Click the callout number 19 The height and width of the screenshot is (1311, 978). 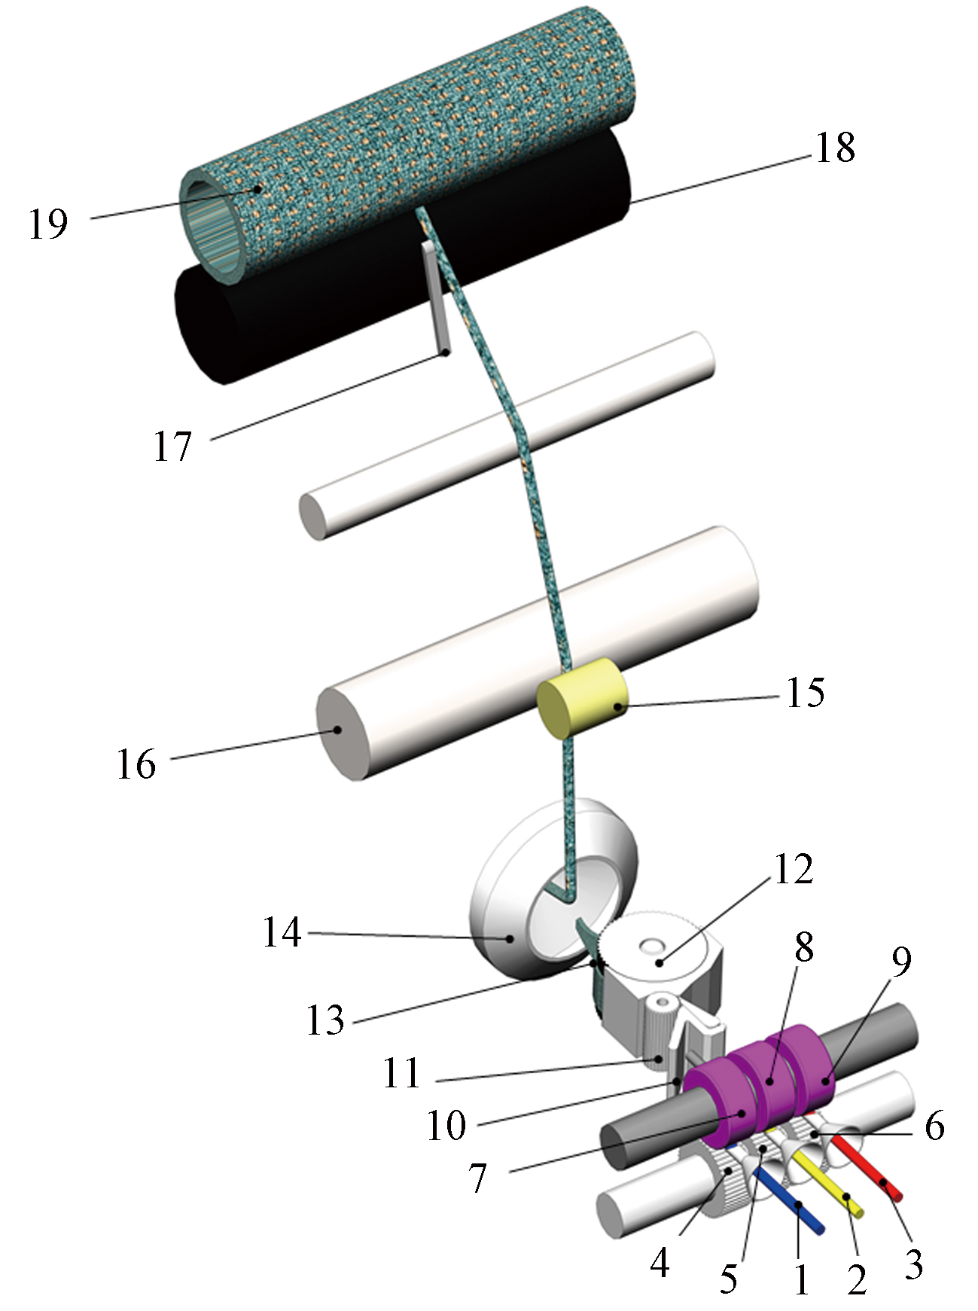[x=49, y=224]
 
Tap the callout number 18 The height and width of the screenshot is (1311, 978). [x=836, y=148]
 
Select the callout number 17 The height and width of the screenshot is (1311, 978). [x=173, y=447]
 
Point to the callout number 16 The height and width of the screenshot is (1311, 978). [x=136, y=764]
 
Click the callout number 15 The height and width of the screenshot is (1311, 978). [x=806, y=691]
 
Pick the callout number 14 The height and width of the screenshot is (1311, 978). [x=282, y=932]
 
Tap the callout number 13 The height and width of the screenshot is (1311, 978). [x=325, y=1020]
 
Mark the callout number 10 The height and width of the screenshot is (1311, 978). [x=447, y=1125]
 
